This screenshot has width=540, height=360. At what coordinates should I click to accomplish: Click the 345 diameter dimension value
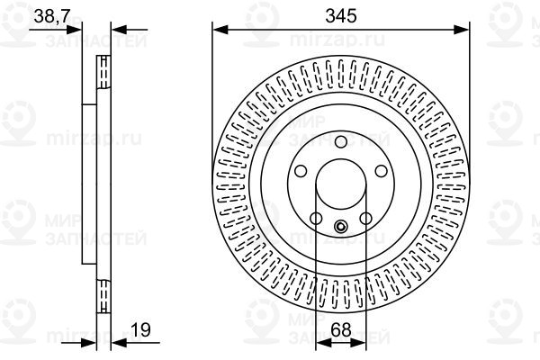(x=340, y=15)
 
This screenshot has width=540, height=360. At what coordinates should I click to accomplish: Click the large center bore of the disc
(x=340, y=186)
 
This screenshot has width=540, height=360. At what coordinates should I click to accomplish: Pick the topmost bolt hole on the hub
(x=340, y=141)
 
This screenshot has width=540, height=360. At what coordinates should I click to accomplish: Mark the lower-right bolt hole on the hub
(x=366, y=218)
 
